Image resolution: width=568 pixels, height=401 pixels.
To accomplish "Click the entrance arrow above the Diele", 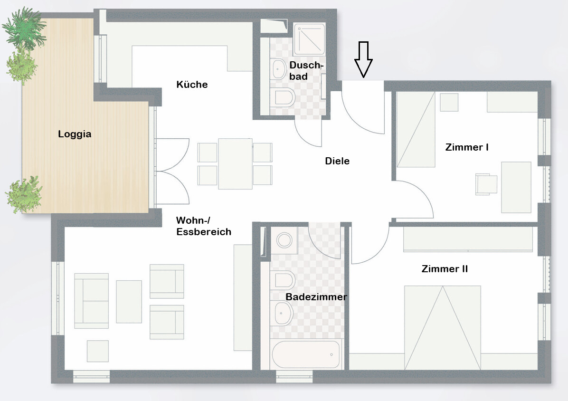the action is [x=363, y=59].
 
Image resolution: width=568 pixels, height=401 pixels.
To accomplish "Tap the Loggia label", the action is [x=75, y=134].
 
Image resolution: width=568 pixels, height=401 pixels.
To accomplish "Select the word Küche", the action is [x=192, y=85].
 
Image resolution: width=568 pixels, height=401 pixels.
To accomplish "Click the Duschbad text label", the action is [x=305, y=71].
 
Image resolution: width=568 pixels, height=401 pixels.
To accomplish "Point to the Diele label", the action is [x=337, y=161].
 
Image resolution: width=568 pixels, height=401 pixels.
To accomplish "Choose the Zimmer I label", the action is [x=467, y=147].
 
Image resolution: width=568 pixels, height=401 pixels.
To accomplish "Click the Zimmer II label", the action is [x=445, y=269].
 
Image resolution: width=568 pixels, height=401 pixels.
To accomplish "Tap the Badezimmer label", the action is [x=316, y=297].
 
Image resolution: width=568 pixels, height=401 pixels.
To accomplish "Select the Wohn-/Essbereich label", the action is [x=204, y=226].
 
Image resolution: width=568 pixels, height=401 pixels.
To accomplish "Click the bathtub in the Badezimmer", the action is [x=306, y=354].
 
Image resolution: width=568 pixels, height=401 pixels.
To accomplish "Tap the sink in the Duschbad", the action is [x=279, y=68].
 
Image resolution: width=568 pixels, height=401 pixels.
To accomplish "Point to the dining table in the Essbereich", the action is [x=235, y=164].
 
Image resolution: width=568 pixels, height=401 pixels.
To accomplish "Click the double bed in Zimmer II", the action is [x=443, y=327].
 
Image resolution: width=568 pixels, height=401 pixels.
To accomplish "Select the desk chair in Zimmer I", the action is [x=486, y=184].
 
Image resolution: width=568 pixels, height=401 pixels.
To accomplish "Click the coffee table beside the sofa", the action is [x=129, y=301].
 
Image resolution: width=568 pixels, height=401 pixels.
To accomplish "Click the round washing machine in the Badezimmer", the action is [x=284, y=240].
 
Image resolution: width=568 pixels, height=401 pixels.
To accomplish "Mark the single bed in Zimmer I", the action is [x=416, y=129].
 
